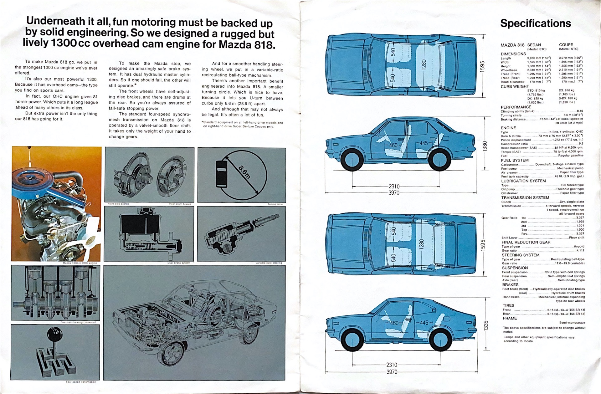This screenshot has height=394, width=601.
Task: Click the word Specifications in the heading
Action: [535, 23]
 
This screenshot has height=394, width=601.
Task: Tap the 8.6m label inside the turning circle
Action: [244, 171]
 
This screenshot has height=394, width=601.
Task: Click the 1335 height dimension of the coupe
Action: [486, 325]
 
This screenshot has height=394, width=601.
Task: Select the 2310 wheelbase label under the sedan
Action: [394, 187]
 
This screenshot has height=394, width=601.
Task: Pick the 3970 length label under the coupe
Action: [392, 372]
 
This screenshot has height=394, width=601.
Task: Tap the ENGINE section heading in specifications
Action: [508, 128]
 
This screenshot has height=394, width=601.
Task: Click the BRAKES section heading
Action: [510, 284]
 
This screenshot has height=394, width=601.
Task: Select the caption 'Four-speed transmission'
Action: [81, 382]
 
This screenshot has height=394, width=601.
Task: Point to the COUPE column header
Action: [566, 45]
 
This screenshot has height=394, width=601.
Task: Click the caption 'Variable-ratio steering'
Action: [269, 263]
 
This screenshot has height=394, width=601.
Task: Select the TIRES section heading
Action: [508, 305]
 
